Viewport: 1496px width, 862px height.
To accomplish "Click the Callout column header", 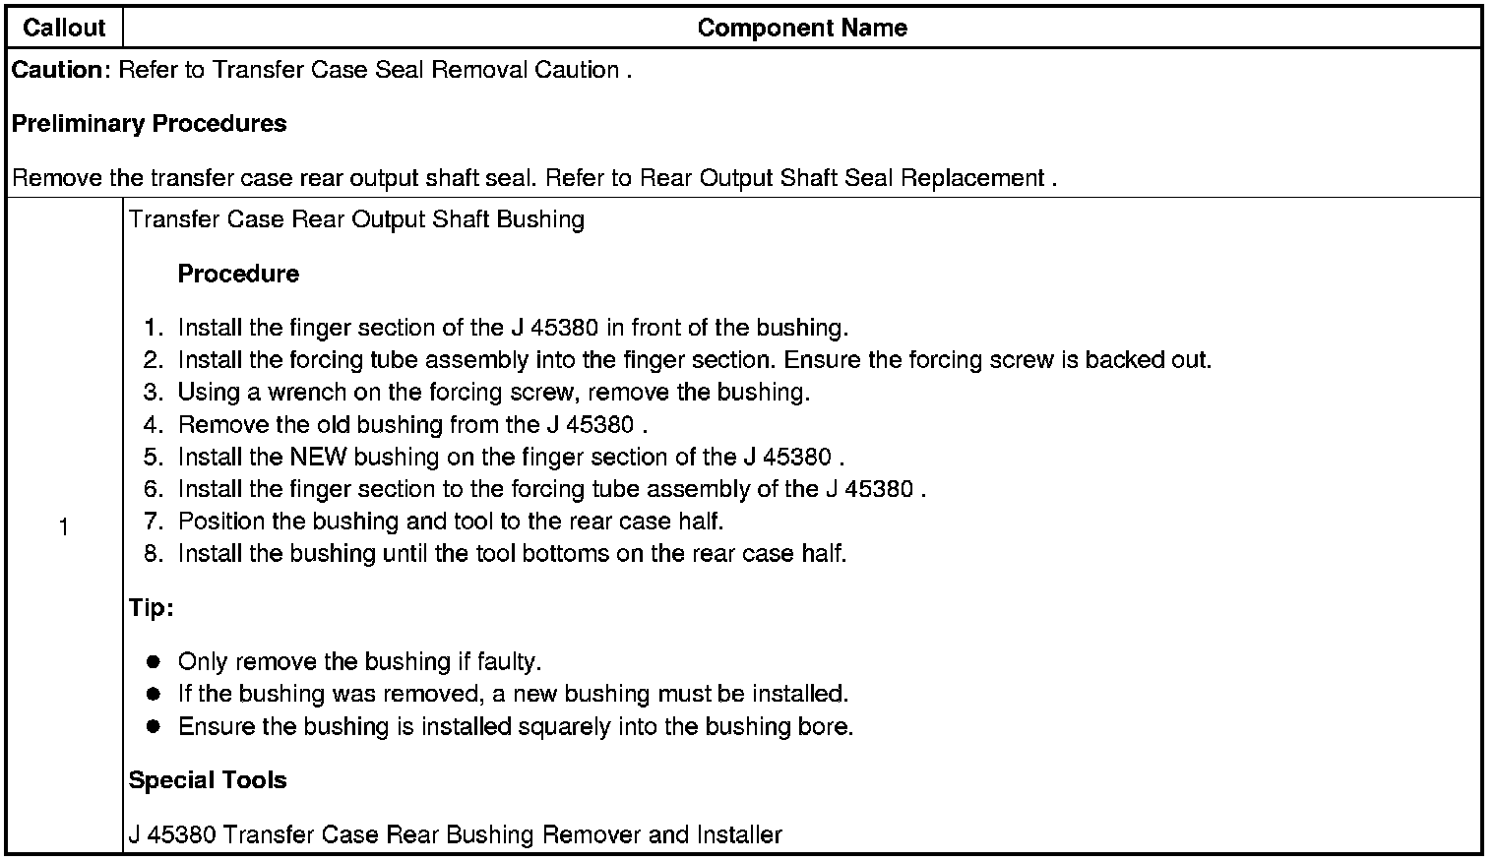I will pos(64,28).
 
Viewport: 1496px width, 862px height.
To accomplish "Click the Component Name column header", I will pos(802,28).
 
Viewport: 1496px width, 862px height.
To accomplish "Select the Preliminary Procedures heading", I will pos(149,124).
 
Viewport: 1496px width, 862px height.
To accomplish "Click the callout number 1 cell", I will pos(64,528).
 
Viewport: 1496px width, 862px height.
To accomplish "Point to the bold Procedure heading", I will pos(238,274).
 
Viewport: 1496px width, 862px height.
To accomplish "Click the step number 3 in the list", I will pos(153,393).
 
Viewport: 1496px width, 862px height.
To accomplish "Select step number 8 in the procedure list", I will pos(153,554).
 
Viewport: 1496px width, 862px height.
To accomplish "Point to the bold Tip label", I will pos(151,608).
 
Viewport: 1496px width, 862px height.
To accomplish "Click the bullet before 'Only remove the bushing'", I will pos(154,662).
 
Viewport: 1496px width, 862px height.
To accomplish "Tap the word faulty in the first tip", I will pos(509,662).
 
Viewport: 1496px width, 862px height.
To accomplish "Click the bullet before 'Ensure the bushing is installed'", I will pos(154,727).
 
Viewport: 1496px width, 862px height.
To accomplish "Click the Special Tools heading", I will pos(208,780).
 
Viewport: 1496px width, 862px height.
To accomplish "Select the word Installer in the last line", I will pos(739,835).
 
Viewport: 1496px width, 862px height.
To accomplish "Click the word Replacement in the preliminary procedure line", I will pos(976,178).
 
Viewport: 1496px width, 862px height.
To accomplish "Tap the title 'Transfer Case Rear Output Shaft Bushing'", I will pos(356,218).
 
